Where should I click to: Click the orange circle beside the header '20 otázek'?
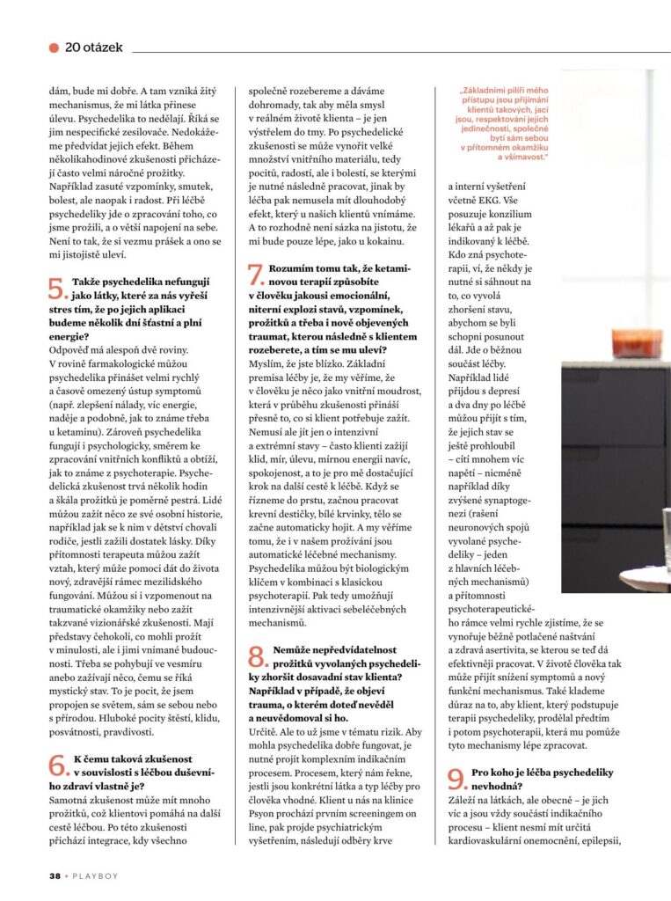point(55,47)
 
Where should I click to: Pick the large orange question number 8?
point(258,655)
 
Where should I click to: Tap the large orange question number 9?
point(457,778)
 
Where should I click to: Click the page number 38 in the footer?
point(55,875)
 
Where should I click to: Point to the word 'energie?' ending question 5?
point(69,336)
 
